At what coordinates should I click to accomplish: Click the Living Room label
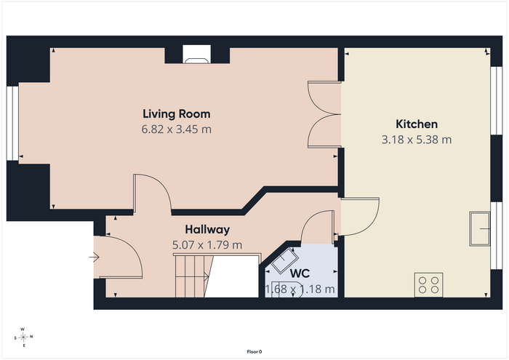click(x=177, y=114)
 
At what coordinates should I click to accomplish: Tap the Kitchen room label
click(x=417, y=124)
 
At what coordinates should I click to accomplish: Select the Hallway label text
click(x=207, y=230)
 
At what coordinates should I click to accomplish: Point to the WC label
click(x=300, y=273)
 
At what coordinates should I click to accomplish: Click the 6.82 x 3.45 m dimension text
click(x=176, y=129)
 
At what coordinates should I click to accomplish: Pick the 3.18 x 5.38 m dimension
click(x=417, y=140)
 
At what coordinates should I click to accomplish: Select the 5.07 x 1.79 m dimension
click(x=207, y=245)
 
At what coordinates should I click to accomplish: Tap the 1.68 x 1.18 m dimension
click(x=300, y=289)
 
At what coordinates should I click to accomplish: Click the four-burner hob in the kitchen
click(x=428, y=284)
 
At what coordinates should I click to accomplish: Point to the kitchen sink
click(x=479, y=229)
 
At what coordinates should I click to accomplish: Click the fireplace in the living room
click(x=196, y=55)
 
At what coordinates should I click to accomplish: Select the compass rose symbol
click(x=23, y=337)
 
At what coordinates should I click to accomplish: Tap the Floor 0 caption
click(x=254, y=351)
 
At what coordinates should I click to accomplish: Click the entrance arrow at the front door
click(x=94, y=257)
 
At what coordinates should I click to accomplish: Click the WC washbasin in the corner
click(x=285, y=260)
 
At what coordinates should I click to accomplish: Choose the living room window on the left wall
click(x=12, y=124)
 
